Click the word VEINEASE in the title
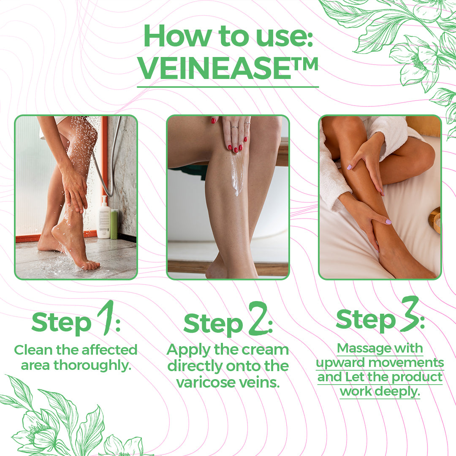[x=214, y=69]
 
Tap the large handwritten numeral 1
[x=106, y=317]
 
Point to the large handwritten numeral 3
[x=410, y=314]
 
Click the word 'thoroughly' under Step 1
[x=92, y=365]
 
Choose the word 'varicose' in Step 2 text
[x=205, y=383]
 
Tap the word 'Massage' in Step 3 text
[x=359, y=348]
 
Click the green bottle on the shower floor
[x=114, y=224]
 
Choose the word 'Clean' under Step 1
[x=33, y=350]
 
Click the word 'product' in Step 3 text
[x=417, y=377]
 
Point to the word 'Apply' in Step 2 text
[x=188, y=350]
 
